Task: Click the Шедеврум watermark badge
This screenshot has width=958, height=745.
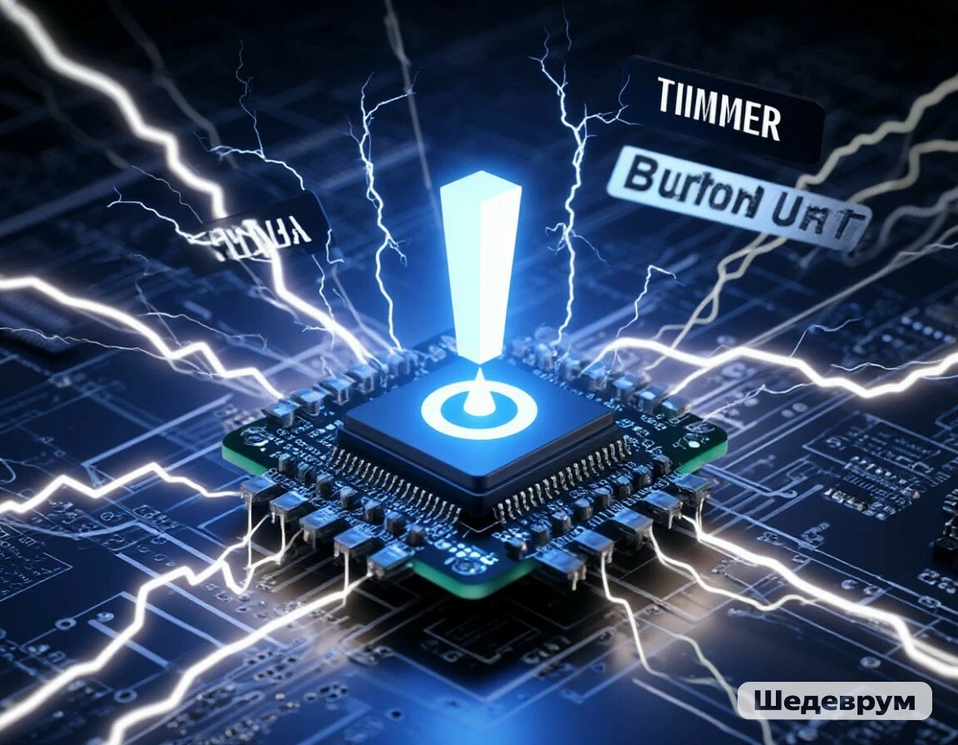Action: coord(834,701)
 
